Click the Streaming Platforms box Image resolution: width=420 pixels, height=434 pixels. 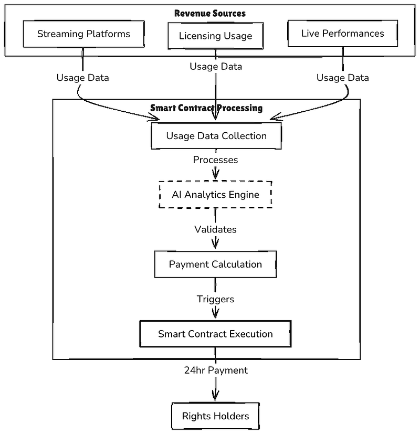(83, 34)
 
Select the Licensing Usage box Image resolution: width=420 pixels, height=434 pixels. (215, 36)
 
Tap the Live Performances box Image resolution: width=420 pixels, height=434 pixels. (343, 34)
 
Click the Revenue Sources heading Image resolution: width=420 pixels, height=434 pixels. (210, 13)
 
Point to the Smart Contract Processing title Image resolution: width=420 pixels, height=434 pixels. (206, 108)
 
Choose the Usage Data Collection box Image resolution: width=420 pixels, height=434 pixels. (216, 136)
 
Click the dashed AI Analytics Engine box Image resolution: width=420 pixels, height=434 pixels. (215, 195)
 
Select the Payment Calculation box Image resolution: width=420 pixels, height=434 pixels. (215, 264)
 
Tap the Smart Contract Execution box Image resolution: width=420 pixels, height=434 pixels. (215, 334)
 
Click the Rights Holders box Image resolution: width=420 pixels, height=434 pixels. (215, 416)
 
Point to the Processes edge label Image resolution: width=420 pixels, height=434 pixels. (215, 160)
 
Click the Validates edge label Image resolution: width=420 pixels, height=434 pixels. (215, 229)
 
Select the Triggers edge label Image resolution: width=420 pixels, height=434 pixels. (215, 299)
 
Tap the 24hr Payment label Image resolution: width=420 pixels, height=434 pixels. (216, 371)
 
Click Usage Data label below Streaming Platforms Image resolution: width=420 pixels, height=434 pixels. (82, 78)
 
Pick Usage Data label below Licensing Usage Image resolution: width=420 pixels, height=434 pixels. (216, 67)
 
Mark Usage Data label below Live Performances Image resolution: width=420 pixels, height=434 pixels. (342, 78)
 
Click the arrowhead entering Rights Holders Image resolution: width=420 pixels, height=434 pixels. (215, 396)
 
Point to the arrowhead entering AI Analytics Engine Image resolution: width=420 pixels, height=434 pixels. (215, 174)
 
